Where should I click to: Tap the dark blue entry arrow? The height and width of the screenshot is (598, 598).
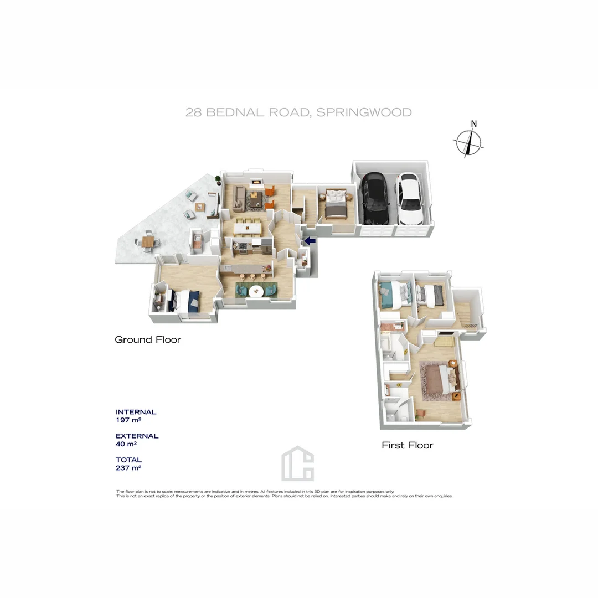click(309, 241)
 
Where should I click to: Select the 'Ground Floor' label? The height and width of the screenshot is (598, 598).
click(148, 339)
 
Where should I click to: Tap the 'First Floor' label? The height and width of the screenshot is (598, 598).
click(408, 445)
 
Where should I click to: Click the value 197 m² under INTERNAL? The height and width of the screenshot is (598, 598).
click(127, 420)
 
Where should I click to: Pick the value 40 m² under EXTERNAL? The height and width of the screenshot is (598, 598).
click(126, 444)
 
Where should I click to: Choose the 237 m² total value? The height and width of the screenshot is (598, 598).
click(128, 468)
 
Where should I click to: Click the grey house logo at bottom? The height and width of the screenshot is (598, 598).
click(297, 463)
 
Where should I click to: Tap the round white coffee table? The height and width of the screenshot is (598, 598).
click(256, 290)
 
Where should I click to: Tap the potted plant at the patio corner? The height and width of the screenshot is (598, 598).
click(218, 179)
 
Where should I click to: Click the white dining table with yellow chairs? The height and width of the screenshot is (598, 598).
click(248, 227)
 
